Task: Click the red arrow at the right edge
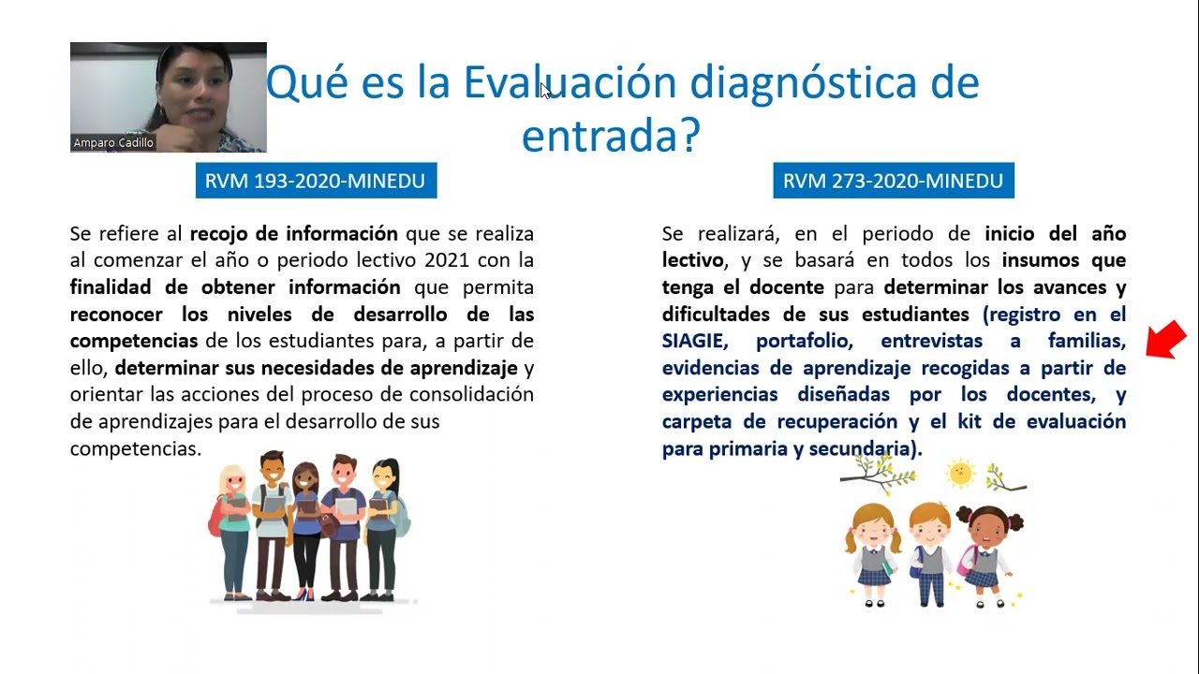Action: coord(1166,339)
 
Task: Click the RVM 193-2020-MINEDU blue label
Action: coord(316,181)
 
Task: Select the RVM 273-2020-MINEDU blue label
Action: coord(893,181)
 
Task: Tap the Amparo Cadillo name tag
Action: coord(113,143)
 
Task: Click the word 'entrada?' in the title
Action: coord(611,136)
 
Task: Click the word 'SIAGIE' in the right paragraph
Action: coord(694,341)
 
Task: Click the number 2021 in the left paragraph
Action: coord(447,259)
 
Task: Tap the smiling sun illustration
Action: coord(960,473)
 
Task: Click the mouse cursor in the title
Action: coord(545,90)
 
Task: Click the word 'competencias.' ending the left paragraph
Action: coord(136,448)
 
